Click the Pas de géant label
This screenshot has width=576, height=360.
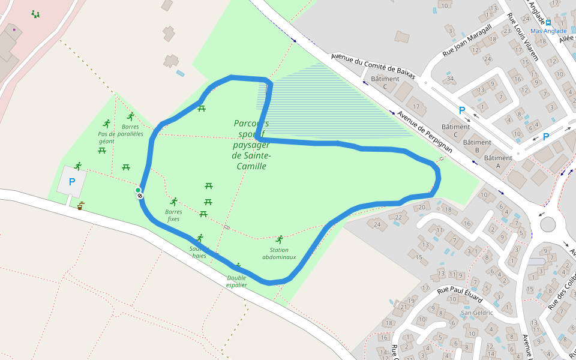pyautogui.click(x=106, y=137)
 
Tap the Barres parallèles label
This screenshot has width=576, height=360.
pyautogui.click(x=130, y=130)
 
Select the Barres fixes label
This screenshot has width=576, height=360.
pyautogui.click(x=173, y=215)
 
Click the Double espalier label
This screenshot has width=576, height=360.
pyautogui.click(x=236, y=281)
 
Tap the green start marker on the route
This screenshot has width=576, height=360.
pyautogui.click(x=138, y=190)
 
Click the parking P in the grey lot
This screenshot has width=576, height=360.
pyautogui.click(x=72, y=181)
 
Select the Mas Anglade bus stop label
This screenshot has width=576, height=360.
pyautogui.click(x=548, y=31)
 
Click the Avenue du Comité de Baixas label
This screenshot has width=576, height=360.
pyautogui.click(x=372, y=66)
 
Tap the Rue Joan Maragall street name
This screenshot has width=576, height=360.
pyautogui.click(x=467, y=40)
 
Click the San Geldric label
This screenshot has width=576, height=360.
pyautogui.click(x=476, y=313)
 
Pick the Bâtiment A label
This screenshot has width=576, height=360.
pyautogui.click(x=498, y=158)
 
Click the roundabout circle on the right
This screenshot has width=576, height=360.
pyautogui.click(x=548, y=224)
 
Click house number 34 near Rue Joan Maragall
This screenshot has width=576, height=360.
pyautogui.click(x=450, y=79)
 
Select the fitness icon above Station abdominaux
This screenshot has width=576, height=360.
pyautogui.click(x=279, y=239)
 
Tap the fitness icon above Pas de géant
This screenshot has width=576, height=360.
pyautogui.click(x=107, y=124)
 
